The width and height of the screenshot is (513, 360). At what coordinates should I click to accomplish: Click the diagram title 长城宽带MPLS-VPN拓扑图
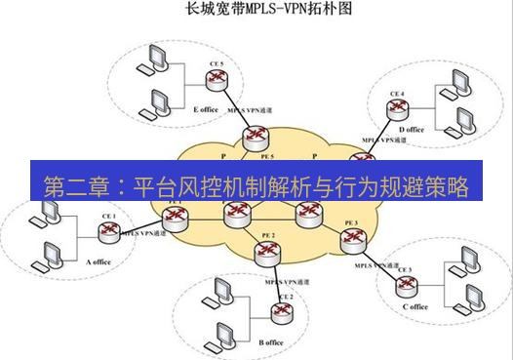click(x=256, y=12)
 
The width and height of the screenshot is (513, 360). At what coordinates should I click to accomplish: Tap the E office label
click(x=207, y=109)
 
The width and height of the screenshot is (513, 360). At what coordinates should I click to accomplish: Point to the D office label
click(x=412, y=129)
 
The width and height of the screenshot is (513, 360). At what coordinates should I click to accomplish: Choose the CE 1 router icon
click(x=107, y=230)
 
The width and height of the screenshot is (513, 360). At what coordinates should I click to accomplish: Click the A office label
click(x=101, y=262)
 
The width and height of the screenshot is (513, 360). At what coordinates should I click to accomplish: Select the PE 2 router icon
click(x=267, y=252)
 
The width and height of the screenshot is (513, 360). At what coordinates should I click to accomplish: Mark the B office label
click(x=270, y=342)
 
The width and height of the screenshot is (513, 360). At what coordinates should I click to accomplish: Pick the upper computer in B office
click(x=220, y=290)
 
